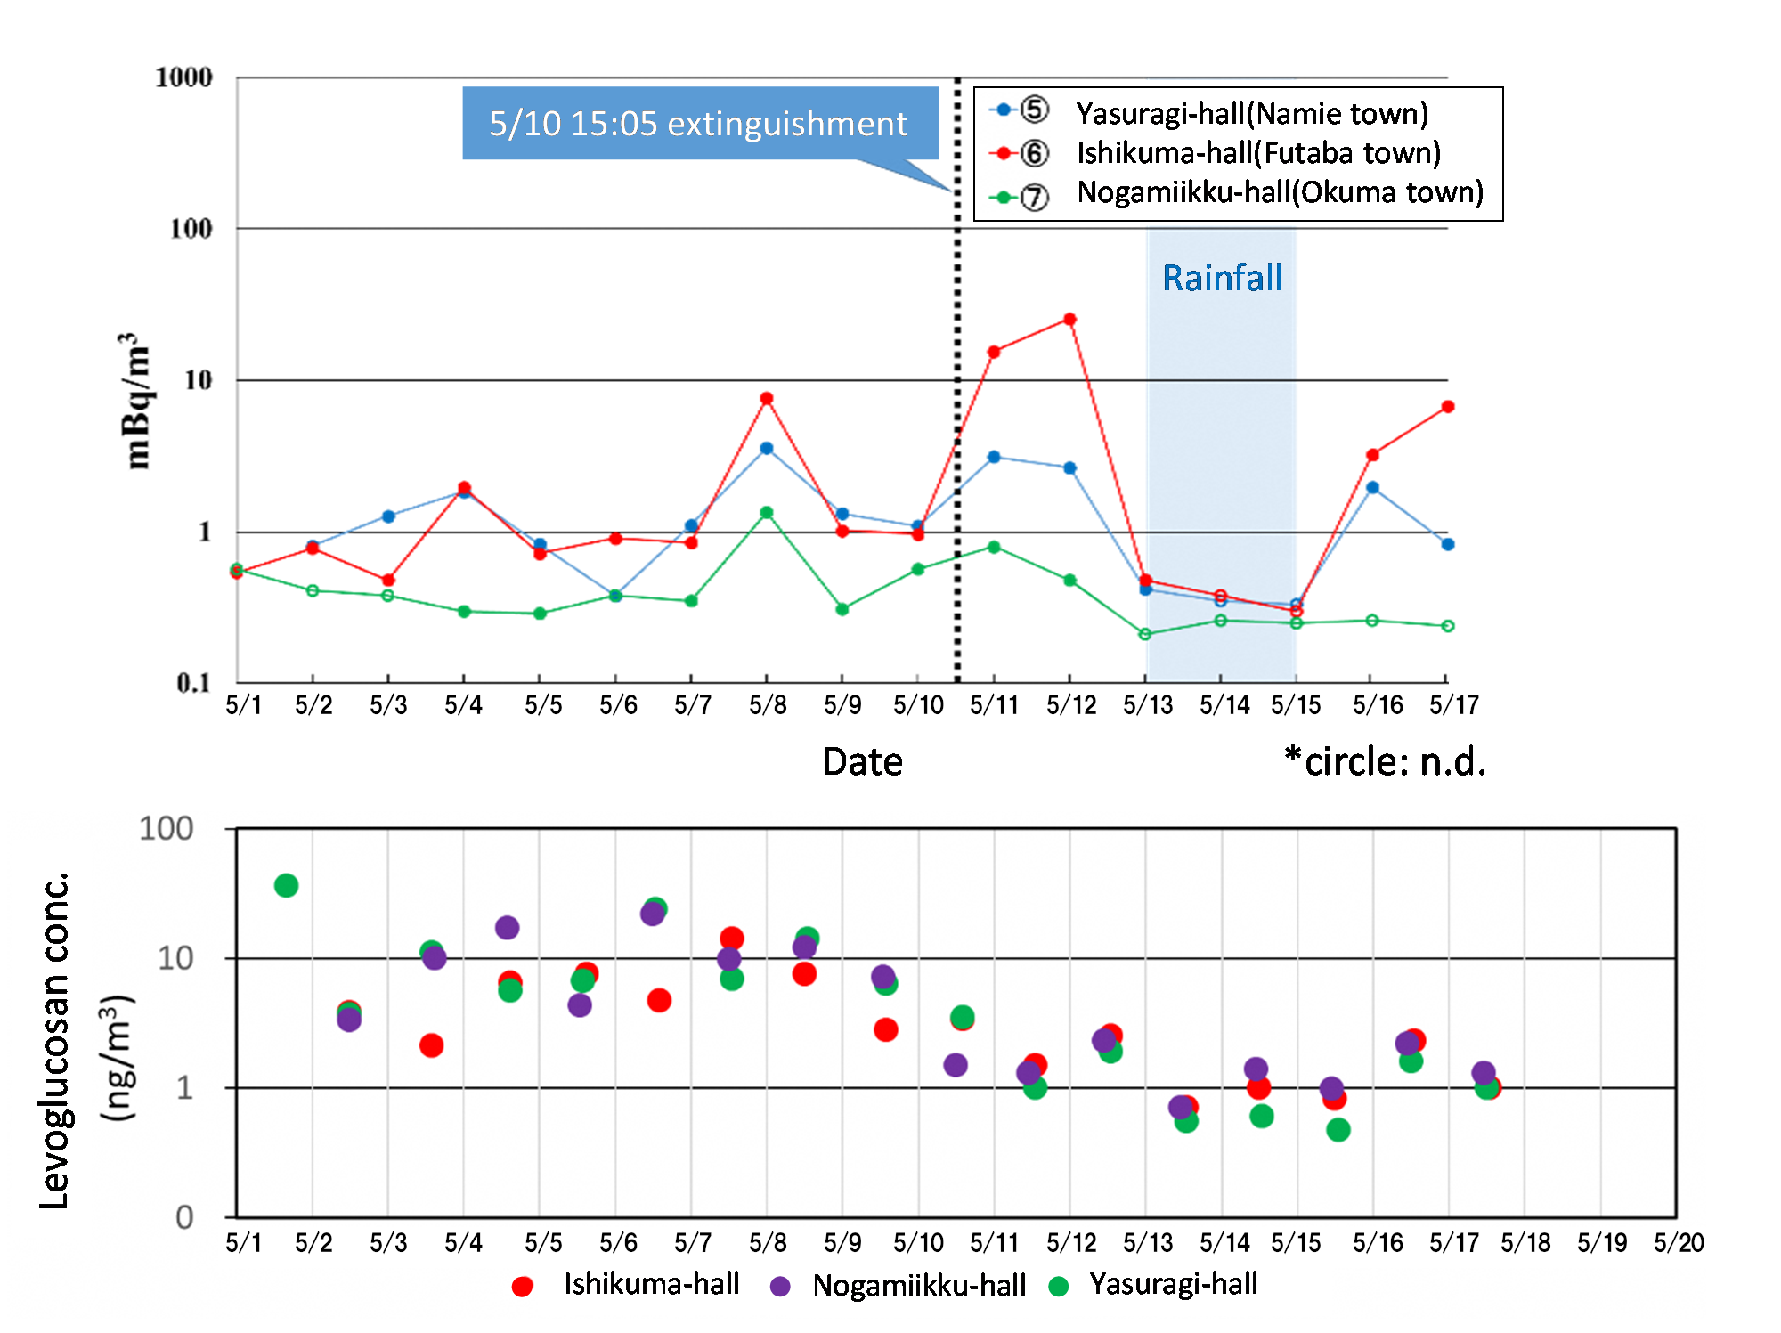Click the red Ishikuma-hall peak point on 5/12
pyautogui.click(x=1069, y=320)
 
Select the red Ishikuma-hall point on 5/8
pyautogui.click(x=767, y=398)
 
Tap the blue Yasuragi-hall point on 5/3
pyautogui.click(x=388, y=516)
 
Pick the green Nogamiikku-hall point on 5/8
pyautogui.click(x=767, y=513)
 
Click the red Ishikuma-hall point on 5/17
pyautogui.click(x=1448, y=407)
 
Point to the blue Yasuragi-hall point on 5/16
pyautogui.click(x=1372, y=488)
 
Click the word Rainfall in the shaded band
pyautogui.click(x=1222, y=278)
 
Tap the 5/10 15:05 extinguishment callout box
pyautogui.click(x=699, y=124)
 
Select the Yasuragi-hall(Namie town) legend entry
pyautogui.click(x=1251, y=113)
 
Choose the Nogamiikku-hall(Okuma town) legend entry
pyautogui.click(x=1280, y=192)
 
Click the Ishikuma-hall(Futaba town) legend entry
pyautogui.click(x=1257, y=153)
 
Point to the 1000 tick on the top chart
pyautogui.click(x=183, y=77)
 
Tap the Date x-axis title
pyautogui.click(x=862, y=762)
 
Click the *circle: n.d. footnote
pyautogui.click(x=1385, y=762)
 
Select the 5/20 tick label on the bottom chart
pyautogui.click(x=1679, y=1243)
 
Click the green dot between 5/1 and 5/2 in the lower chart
pyautogui.click(x=286, y=885)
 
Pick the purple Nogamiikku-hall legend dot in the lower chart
pyautogui.click(x=780, y=1286)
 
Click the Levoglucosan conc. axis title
pyautogui.click(x=55, y=1042)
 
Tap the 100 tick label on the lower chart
pyautogui.click(x=167, y=829)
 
